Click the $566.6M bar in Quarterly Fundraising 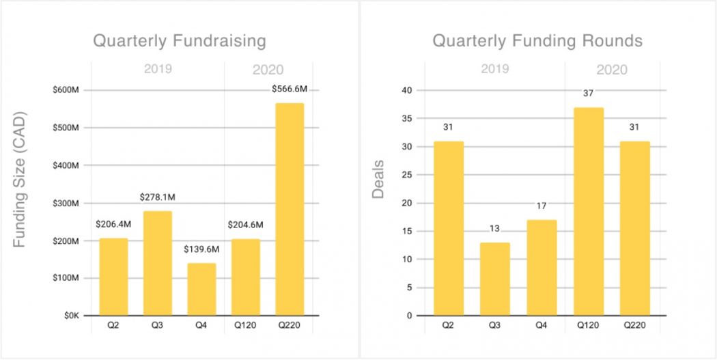(x=290, y=209)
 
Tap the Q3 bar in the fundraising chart (x=157, y=263)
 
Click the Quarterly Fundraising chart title (x=180, y=41)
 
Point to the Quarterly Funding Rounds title (x=537, y=41)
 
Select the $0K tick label (x=71, y=316)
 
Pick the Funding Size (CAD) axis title (x=20, y=179)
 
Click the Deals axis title (x=378, y=180)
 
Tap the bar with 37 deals (x=589, y=211)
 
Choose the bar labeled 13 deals (x=496, y=279)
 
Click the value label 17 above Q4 (x=542, y=206)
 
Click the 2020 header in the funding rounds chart (x=612, y=70)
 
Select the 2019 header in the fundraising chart (x=158, y=69)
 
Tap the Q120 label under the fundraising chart (x=245, y=325)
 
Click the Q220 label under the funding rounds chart (x=635, y=325)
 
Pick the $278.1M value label (x=158, y=198)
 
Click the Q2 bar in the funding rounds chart (x=449, y=228)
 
